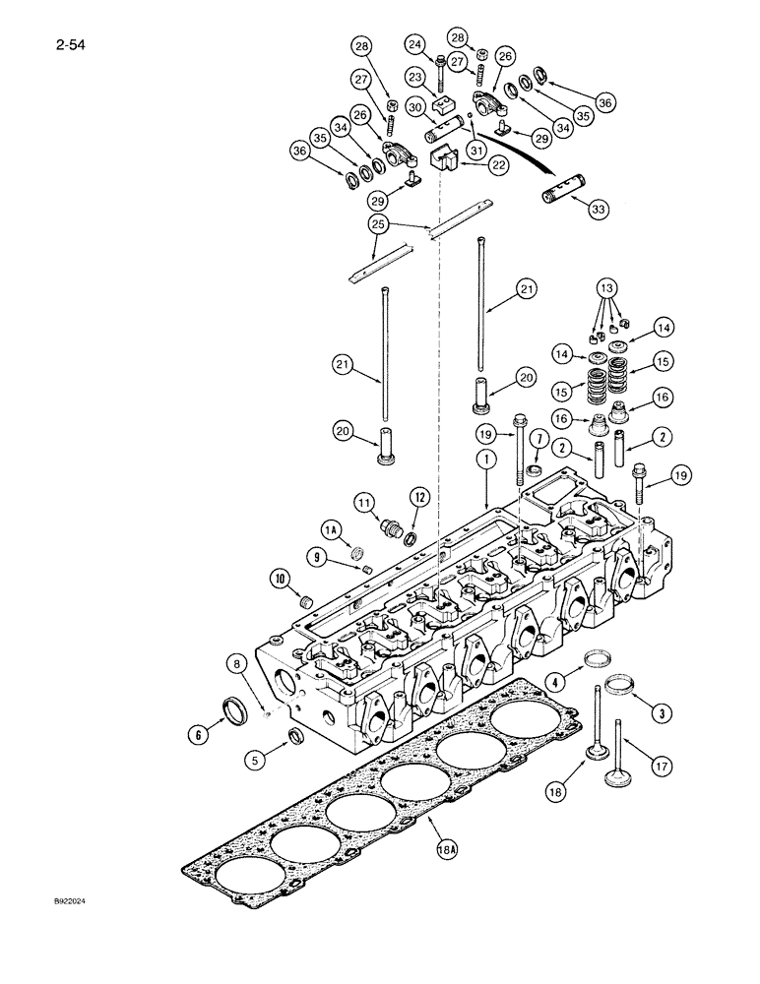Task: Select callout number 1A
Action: click(x=332, y=529)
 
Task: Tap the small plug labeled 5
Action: click(x=293, y=739)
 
